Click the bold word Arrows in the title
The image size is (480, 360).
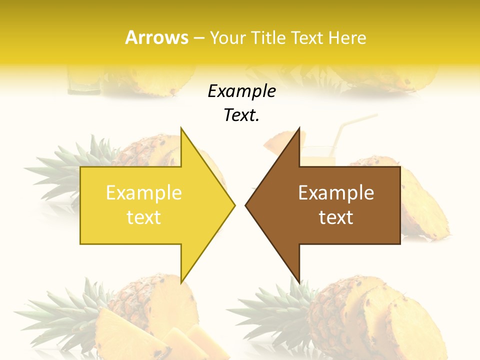pyautogui.click(x=156, y=37)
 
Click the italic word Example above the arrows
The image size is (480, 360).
pyautogui.click(x=241, y=91)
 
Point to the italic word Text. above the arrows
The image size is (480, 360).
pyautogui.click(x=241, y=115)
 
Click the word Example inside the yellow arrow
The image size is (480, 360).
pyautogui.click(x=144, y=192)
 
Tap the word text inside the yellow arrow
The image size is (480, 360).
pyautogui.click(x=144, y=217)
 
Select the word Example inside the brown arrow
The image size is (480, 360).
pyautogui.click(x=336, y=192)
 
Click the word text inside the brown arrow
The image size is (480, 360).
pyautogui.click(x=336, y=217)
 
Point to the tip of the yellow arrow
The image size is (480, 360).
pyautogui.click(x=234, y=205)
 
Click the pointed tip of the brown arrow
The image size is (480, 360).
pyautogui.click(x=246, y=205)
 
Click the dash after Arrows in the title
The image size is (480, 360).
pyautogui.click(x=198, y=38)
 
